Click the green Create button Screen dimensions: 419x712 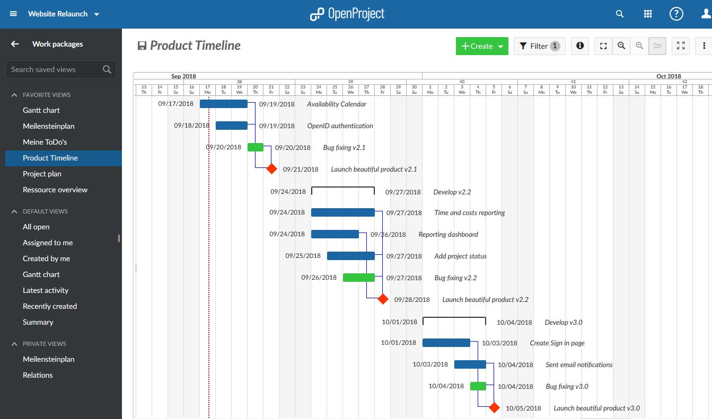(x=481, y=46)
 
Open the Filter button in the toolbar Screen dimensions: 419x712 (x=539, y=46)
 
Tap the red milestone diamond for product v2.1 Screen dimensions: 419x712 (x=271, y=169)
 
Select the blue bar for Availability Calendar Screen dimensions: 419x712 (x=223, y=104)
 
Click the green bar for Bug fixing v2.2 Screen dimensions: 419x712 (x=358, y=278)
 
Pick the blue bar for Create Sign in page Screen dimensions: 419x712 (x=446, y=343)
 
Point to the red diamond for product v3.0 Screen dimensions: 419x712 (x=494, y=408)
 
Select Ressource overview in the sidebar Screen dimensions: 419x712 (x=55, y=190)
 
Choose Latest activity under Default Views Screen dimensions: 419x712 (x=46, y=290)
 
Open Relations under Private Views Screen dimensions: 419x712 (x=38, y=375)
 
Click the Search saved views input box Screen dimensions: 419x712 (x=56, y=69)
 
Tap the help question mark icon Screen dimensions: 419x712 (x=676, y=14)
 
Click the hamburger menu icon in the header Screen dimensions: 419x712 (x=13, y=14)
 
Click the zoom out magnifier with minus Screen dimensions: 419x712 (x=621, y=46)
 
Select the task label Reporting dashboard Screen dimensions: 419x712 (x=448, y=234)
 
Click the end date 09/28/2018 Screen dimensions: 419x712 (x=412, y=299)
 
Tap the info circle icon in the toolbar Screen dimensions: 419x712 (x=580, y=46)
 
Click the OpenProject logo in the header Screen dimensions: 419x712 (x=347, y=14)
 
